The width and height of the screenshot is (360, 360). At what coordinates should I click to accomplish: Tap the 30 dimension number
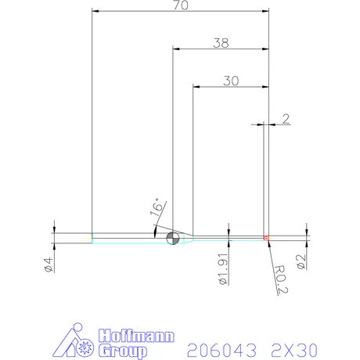tap(231, 81)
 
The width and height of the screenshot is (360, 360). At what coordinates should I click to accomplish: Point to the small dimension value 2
tap(286, 119)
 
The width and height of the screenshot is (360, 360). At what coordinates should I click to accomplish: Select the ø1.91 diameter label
tap(221, 269)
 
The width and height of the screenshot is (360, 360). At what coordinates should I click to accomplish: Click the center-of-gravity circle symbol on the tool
tap(172, 238)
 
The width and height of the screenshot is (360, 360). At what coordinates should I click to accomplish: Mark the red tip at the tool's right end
tap(266, 237)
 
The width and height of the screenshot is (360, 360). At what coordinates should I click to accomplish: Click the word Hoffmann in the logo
tap(131, 337)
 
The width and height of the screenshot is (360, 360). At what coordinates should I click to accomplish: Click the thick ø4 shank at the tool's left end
tap(73, 238)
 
